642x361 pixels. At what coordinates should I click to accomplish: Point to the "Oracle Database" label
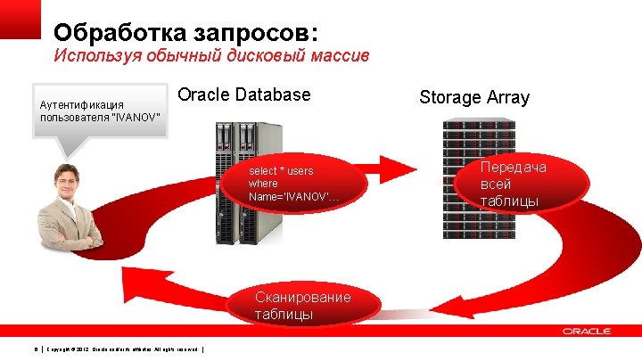pos(244,94)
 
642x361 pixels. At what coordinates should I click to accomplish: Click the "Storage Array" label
pos(474,97)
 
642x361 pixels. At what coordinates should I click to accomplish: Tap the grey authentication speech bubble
pos(99,111)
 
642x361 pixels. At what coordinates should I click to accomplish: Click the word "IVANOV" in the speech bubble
pos(139,118)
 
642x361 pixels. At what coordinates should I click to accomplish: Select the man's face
pos(68,180)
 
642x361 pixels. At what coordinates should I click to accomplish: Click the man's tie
pos(67,217)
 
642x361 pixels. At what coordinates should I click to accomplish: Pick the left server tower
pos(224,183)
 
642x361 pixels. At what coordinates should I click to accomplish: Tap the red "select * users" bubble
pos(294,184)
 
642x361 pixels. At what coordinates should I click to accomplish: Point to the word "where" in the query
pos(264,184)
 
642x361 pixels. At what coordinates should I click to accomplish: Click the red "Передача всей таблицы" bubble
pos(514,184)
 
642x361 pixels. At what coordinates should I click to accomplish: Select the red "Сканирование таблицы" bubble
pos(302,305)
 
